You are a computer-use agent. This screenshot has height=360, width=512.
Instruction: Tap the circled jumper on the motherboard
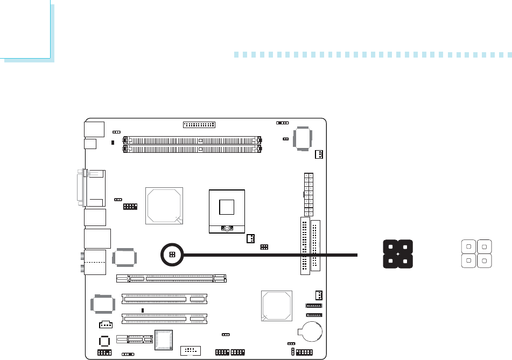click(x=172, y=254)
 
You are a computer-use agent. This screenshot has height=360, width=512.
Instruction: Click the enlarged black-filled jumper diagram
click(x=397, y=254)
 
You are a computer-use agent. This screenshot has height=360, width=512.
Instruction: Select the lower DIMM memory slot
click(x=193, y=146)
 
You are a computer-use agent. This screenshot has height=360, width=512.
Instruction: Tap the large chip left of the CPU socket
click(x=164, y=205)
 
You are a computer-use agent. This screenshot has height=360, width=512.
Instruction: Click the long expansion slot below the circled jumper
click(x=172, y=279)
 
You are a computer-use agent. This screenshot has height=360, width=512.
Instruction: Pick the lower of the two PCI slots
click(x=164, y=319)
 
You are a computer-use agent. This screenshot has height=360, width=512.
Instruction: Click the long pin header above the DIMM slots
click(x=199, y=124)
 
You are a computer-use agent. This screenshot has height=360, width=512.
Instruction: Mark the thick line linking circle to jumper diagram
click(x=269, y=254)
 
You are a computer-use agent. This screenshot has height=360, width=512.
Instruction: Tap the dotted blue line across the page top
click(x=371, y=54)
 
